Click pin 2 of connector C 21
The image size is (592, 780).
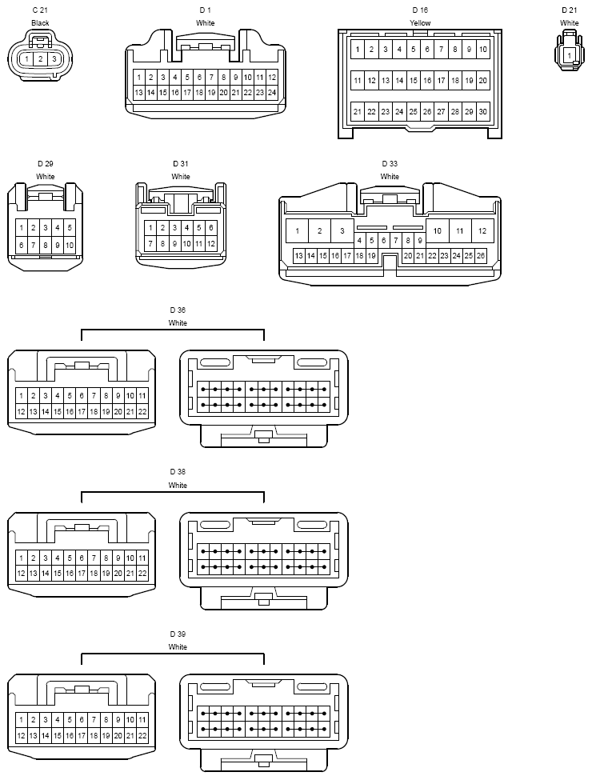[40, 59]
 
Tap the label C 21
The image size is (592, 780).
[40, 10]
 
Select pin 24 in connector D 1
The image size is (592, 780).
[272, 93]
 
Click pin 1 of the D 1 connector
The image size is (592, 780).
[138, 77]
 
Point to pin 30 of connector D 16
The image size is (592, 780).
[483, 111]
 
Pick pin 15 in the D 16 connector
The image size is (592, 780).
[414, 81]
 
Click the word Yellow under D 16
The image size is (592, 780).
[420, 23]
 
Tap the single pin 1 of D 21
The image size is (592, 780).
[570, 56]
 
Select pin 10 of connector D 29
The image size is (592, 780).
[70, 245]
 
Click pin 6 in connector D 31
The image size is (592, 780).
[211, 228]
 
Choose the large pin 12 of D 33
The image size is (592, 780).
[482, 231]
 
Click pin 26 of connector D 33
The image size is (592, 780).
[481, 256]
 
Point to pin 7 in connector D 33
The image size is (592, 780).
[396, 240]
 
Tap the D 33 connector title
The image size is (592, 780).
[390, 164]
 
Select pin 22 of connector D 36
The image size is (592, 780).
[142, 411]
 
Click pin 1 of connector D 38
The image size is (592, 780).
[22, 558]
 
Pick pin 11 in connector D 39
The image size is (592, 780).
[142, 720]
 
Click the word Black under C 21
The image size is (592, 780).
[40, 23]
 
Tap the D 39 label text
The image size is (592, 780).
[178, 634]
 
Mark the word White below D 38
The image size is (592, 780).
[178, 485]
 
